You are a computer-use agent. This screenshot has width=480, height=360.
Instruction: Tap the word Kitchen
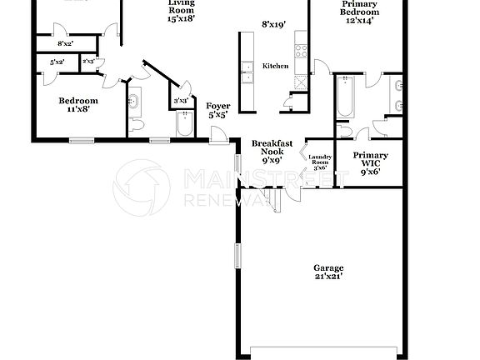(x=275, y=66)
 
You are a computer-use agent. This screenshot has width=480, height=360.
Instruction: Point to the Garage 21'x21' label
(x=328, y=272)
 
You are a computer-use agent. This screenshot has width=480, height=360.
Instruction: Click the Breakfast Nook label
(x=272, y=152)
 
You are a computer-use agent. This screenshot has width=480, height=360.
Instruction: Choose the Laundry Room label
(x=320, y=162)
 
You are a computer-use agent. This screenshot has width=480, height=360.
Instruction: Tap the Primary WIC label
(x=370, y=163)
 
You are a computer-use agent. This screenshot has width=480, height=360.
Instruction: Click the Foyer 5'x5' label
(x=219, y=111)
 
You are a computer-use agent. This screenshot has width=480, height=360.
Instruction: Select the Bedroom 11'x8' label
(x=77, y=105)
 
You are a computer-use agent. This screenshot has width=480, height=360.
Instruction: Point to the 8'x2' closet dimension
(x=65, y=43)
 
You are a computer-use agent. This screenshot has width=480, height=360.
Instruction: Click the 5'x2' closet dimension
(x=57, y=62)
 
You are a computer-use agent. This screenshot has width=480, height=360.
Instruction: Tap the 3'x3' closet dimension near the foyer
(x=180, y=102)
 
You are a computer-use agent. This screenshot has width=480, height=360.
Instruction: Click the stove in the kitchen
(x=300, y=49)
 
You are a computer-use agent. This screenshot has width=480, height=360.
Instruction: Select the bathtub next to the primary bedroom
(x=345, y=97)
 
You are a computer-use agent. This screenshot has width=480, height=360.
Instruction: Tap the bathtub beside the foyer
(x=185, y=124)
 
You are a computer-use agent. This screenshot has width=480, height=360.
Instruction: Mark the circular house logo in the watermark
(x=142, y=187)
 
